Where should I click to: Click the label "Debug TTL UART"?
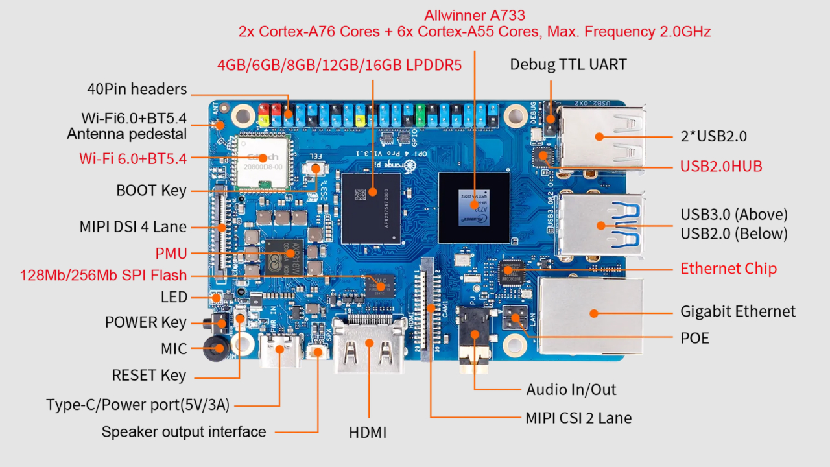568,64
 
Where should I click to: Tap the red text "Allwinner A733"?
475,15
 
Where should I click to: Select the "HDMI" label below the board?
368,432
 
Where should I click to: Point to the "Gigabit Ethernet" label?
737,312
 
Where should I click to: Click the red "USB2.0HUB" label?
720,166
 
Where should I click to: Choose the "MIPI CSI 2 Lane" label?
578,417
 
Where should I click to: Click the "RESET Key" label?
149,376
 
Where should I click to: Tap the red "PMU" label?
171,254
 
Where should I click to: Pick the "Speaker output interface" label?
184,432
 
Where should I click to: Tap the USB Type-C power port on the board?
280,350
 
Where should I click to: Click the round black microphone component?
215,348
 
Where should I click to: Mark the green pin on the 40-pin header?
420,117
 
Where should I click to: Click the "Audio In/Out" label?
571,389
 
